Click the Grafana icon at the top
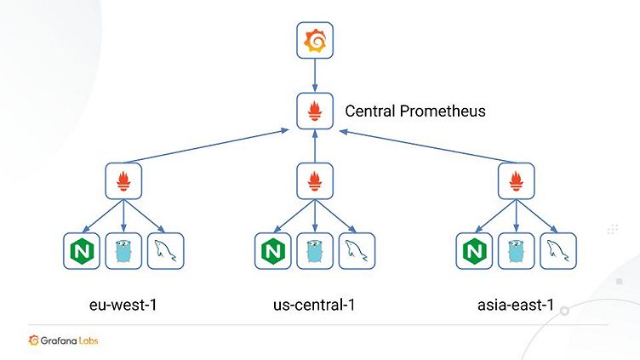(316, 41)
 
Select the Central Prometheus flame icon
(316, 111)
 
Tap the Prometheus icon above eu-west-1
(124, 181)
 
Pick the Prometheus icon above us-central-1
(316, 181)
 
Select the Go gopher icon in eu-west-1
(124, 251)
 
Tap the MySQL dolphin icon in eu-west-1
(167, 251)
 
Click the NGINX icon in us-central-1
(273, 251)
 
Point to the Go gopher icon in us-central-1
(316, 251)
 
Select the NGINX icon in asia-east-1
(474, 251)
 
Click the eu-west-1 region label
(123, 303)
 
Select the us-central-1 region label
(316, 303)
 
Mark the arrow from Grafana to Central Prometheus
(316, 77)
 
